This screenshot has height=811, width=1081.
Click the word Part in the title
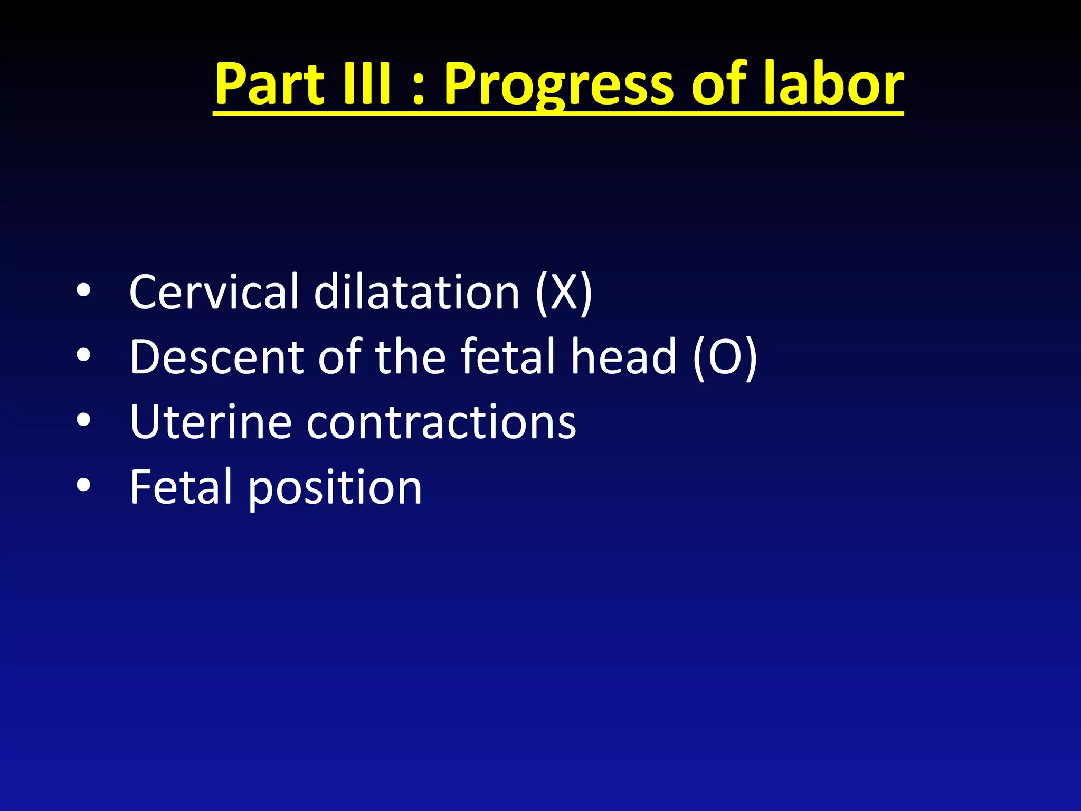[x=269, y=84]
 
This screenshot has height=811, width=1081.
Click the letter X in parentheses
[x=564, y=293]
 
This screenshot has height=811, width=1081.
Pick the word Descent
[x=216, y=357]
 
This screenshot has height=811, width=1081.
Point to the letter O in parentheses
[x=725, y=358]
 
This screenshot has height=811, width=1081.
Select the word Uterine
[x=211, y=422]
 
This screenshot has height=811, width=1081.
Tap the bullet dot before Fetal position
[x=83, y=485]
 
